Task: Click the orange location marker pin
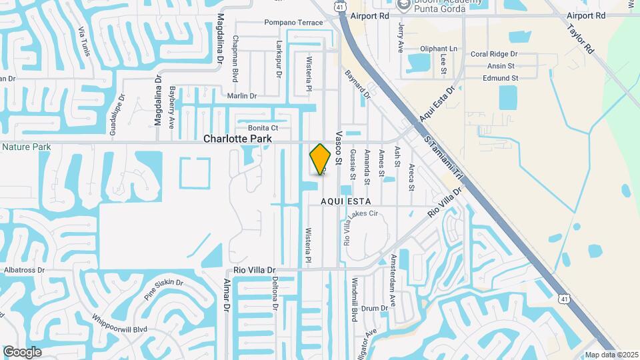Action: [320, 159]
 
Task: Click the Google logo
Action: [23, 351]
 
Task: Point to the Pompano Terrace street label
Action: [293, 23]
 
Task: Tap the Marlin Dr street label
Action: [241, 96]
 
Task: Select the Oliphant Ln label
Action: [439, 49]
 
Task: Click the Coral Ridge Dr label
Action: [494, 54]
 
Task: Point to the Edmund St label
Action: [501, 78]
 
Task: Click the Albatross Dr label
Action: [24, 270]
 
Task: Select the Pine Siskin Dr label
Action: [163, 290]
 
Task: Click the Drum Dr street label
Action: [375, 308]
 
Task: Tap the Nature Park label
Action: [27, 147]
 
